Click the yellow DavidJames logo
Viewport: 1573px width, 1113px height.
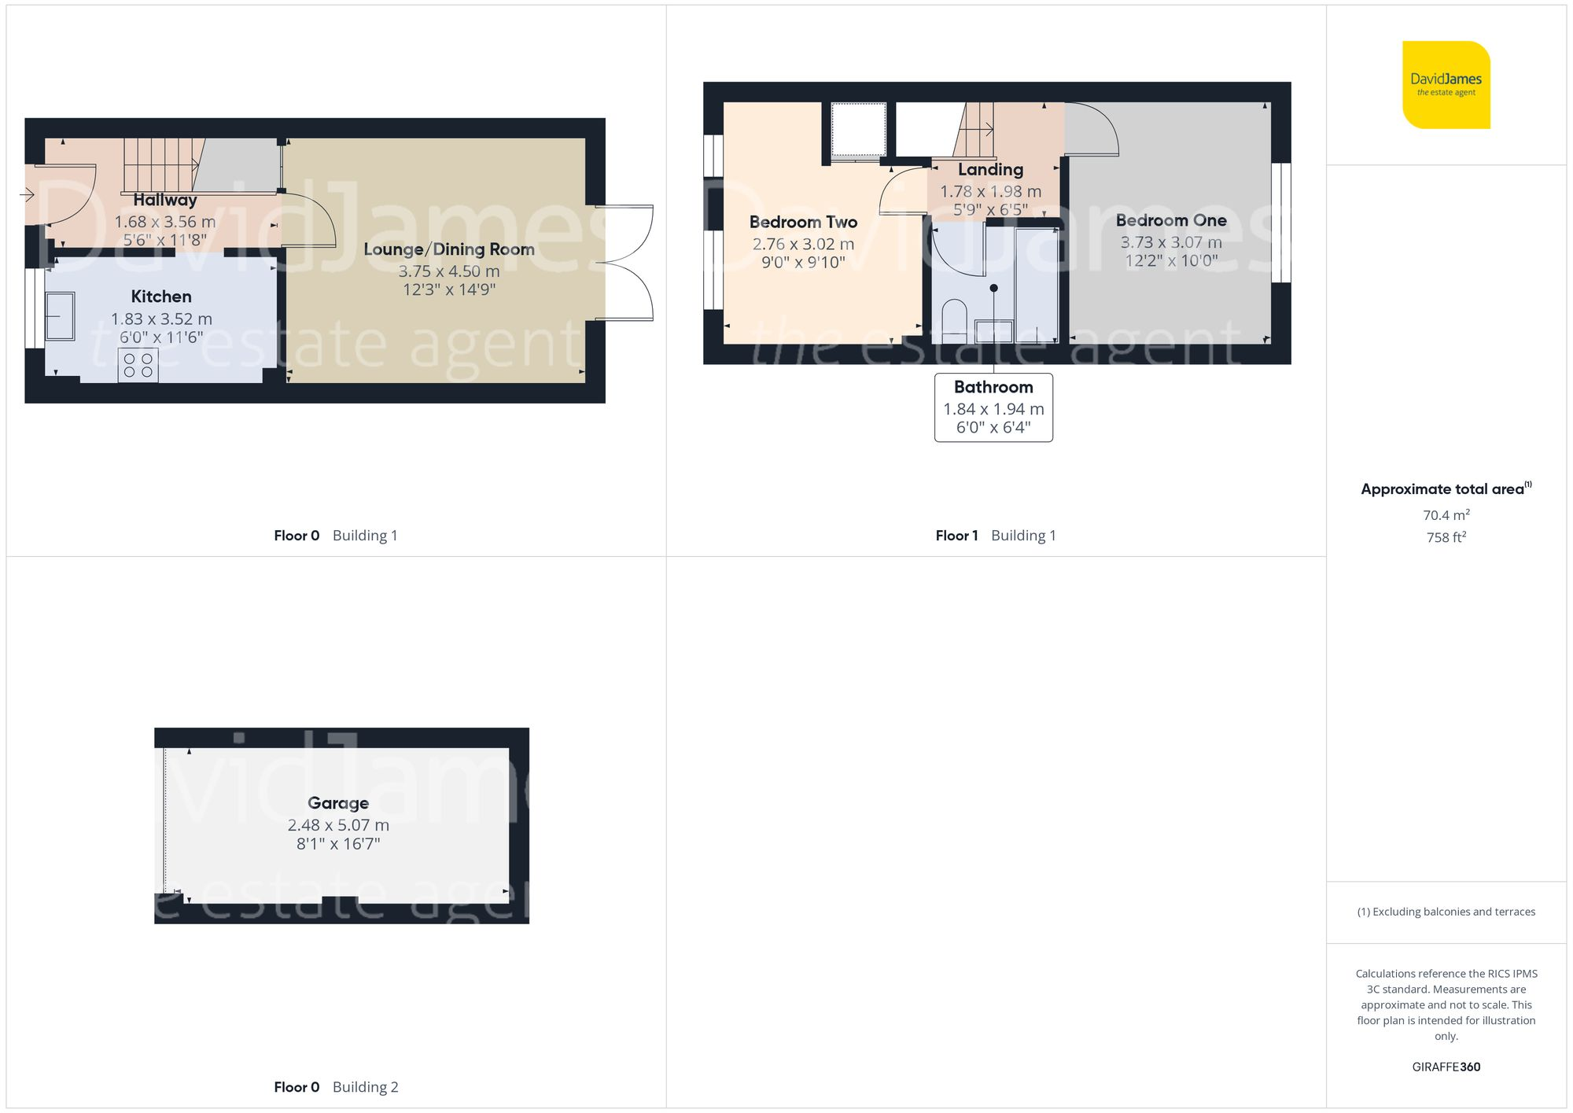(1446, 85)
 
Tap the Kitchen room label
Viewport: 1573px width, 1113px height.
(161, 297)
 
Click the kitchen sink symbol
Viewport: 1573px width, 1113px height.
(61, 316)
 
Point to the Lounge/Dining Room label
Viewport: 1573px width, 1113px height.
(448, 249)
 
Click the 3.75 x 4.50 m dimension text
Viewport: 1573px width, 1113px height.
(448, 271)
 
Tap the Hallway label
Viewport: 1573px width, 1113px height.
(164, 200)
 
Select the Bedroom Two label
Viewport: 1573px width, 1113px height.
(803, 222)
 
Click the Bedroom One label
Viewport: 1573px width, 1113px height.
(1170, 220)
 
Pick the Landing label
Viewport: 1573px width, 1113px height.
(990, 169)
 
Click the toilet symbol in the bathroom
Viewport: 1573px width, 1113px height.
(954, 318)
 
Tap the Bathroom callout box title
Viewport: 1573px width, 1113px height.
(993, 387)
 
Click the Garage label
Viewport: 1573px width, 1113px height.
(338, 803)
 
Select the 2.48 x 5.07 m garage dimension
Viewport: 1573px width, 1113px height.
(338, 825)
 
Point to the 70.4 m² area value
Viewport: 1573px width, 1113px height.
(1446, 515)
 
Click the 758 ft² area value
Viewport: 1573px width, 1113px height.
(1446, 537)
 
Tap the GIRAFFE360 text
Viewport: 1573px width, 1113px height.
(1446, 1067)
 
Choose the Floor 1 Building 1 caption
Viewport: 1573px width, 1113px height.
(995, 536)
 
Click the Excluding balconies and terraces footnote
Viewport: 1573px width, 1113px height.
(1446, 912)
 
